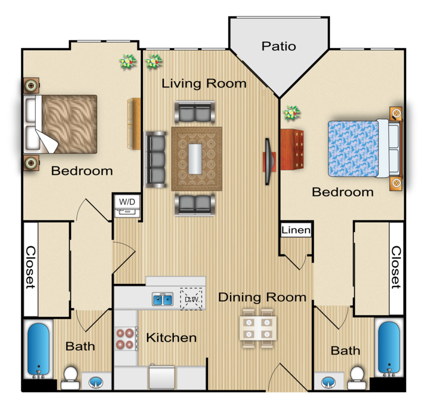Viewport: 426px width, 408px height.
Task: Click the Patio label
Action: click(279, 46)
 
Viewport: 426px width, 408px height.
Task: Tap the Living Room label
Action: click(204, 83)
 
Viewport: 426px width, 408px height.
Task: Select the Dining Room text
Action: click(262, 297)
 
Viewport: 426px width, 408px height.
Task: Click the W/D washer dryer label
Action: click(127, 202)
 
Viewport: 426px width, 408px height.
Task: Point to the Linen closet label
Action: click(296, 230)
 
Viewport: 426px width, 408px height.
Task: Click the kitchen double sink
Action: click(162, 299)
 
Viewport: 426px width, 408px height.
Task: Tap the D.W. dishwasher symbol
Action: click(191, 299)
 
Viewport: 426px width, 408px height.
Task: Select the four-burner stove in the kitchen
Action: click(125, 339)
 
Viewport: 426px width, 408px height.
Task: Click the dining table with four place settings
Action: click(258, 328)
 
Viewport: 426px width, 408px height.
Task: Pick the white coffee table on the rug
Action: click(195, 159)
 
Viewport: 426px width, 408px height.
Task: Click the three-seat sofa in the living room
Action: click(156, 159)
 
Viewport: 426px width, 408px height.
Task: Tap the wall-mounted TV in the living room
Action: click(268, 161)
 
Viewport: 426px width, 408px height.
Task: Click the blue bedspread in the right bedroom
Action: click(353, 148)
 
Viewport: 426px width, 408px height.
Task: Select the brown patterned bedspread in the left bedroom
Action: click(69, 124)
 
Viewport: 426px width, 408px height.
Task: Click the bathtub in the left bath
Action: click(38, 349)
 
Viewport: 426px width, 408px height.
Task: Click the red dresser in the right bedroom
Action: click(292, 149)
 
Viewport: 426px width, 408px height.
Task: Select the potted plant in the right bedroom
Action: click(291, 113)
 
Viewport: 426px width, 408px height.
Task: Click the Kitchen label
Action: click(172, 338)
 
